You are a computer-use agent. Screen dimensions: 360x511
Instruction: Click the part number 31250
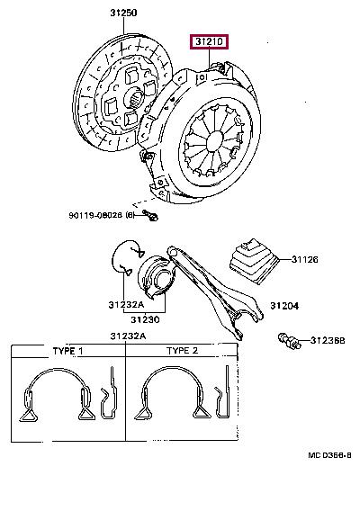point(123,13)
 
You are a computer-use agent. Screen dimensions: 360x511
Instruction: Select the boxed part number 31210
point(210,41)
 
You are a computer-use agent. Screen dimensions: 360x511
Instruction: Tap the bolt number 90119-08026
point(95,215)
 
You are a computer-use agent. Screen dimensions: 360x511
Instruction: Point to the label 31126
point(304,259)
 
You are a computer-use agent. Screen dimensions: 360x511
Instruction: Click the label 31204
point(284,306)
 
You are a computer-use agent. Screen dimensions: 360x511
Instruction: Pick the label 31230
point(146,319)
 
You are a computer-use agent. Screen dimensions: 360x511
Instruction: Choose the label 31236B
point(328,340)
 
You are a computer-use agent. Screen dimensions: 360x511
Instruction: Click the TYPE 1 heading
point(67,351)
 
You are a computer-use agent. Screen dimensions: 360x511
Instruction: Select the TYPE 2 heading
point(183,351)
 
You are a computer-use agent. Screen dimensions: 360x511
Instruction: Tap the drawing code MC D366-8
point(329,455)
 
